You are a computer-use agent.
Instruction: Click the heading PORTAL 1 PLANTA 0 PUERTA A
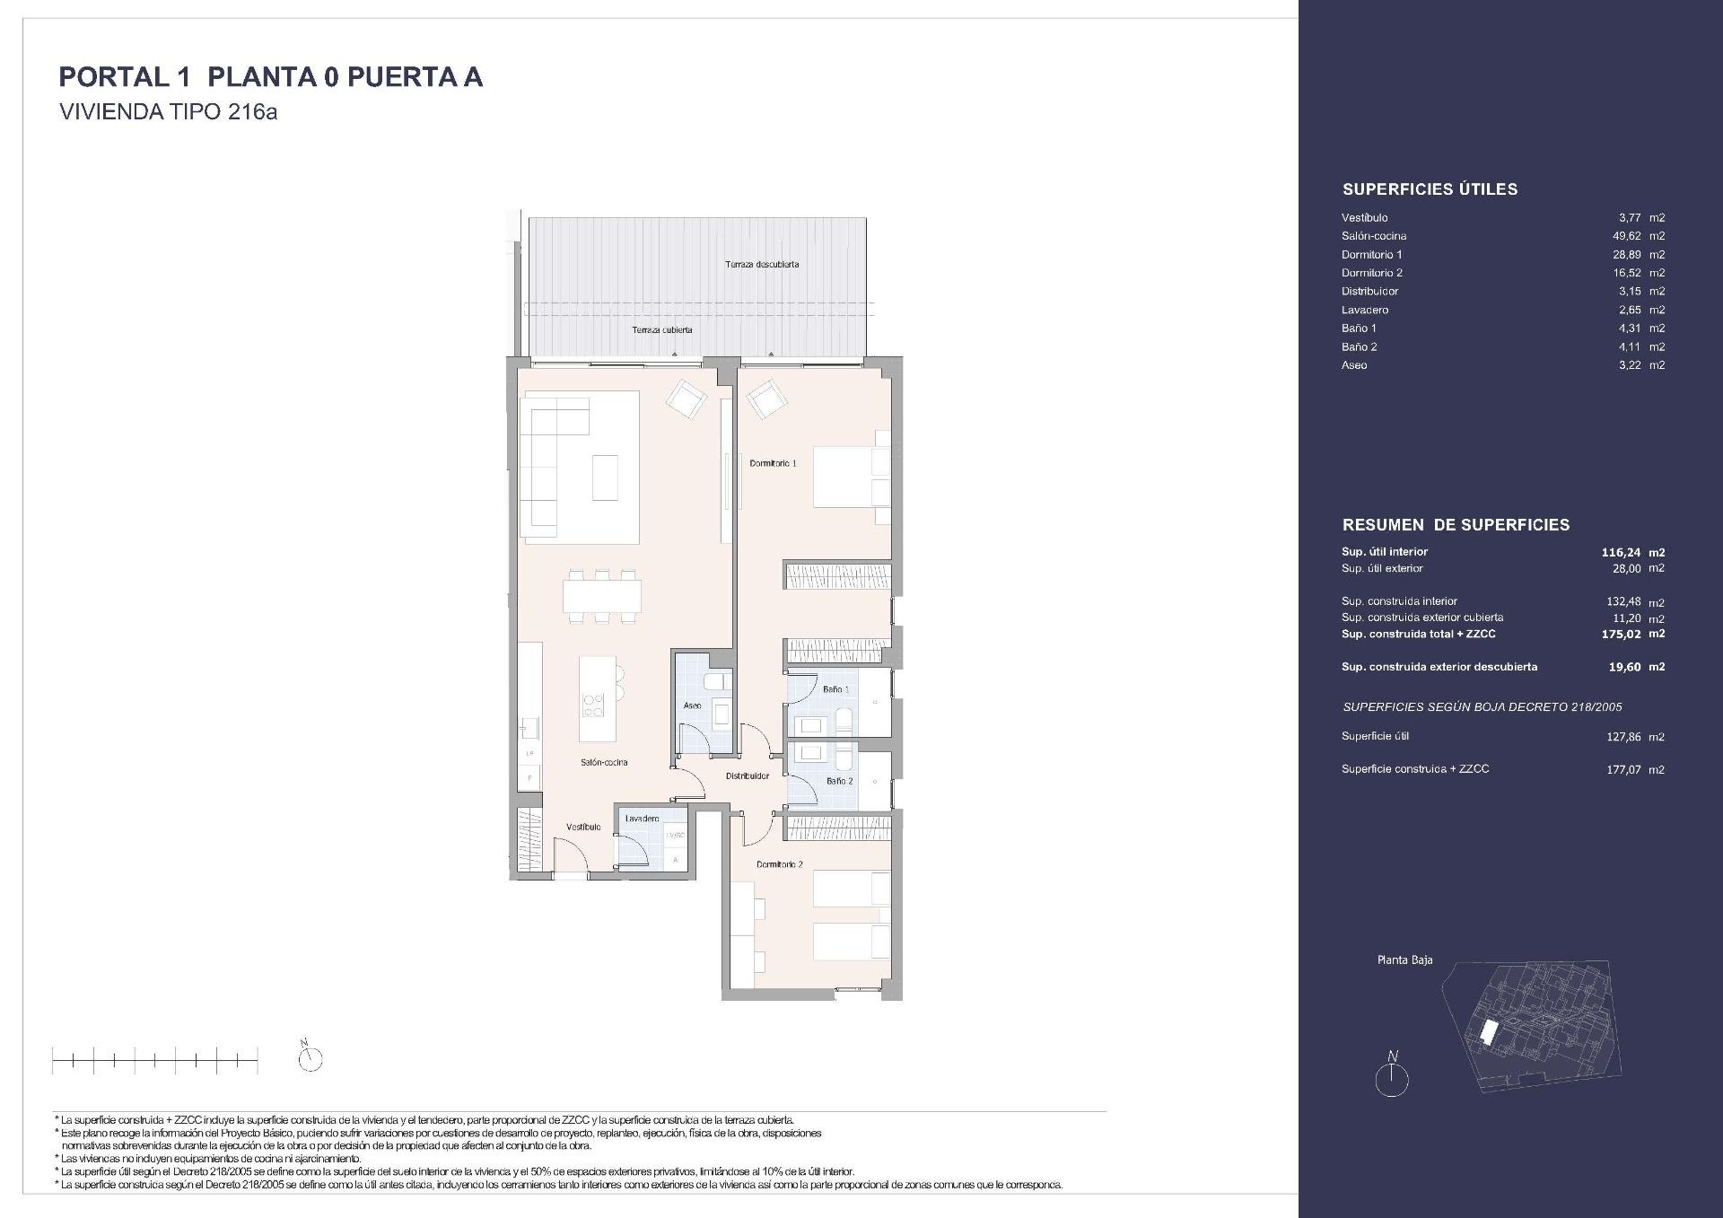(x=270, y=77)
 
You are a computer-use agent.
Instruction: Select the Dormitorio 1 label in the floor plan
(x=773, y=463)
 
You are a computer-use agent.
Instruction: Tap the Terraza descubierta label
(x=762, y=265)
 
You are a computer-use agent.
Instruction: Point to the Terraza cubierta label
(x=661, y=330)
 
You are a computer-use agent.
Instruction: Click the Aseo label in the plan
(x=692, y=705)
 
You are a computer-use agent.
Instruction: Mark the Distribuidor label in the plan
(x=748, y=776)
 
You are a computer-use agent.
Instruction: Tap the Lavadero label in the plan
(x=642, y=819)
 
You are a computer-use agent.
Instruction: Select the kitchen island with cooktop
(x=598, y=698)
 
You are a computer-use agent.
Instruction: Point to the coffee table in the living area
(x=604, y=478)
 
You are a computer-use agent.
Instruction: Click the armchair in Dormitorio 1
(x=766, y=399)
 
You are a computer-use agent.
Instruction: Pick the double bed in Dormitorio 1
(x=850, y=478)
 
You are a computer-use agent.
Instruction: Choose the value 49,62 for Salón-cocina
(x=1626, y=236)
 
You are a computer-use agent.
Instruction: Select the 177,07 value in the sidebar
(x=1622, y=769)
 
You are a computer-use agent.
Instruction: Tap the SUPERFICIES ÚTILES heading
(x=1430, y=189)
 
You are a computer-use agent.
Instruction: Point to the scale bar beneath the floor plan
(x=154, y=1062)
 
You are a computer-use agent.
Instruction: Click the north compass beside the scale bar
(x=310, y=1057)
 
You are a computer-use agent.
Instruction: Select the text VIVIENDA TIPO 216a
(x=168, y=112)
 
